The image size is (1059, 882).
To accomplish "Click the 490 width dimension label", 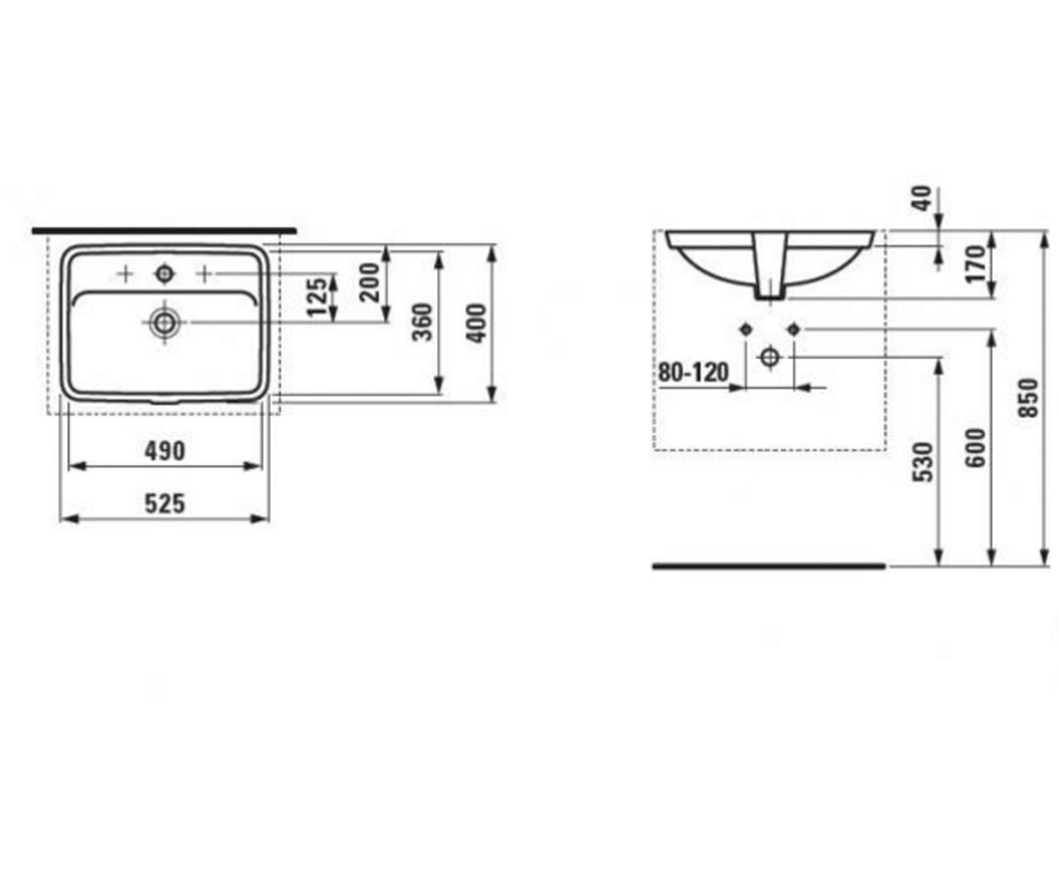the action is [x=165, y=451].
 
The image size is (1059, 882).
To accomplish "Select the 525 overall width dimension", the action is [x=165, y=504].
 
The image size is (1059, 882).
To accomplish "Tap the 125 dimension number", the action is [x=318, y=296].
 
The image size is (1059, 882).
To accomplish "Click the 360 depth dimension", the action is [x=422, y=323].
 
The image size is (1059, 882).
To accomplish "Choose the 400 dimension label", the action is [x=476, y=324].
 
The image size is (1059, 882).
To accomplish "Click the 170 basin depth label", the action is [x=975, y=264].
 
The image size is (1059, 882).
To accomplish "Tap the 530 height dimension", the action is [x=922, y=462].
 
